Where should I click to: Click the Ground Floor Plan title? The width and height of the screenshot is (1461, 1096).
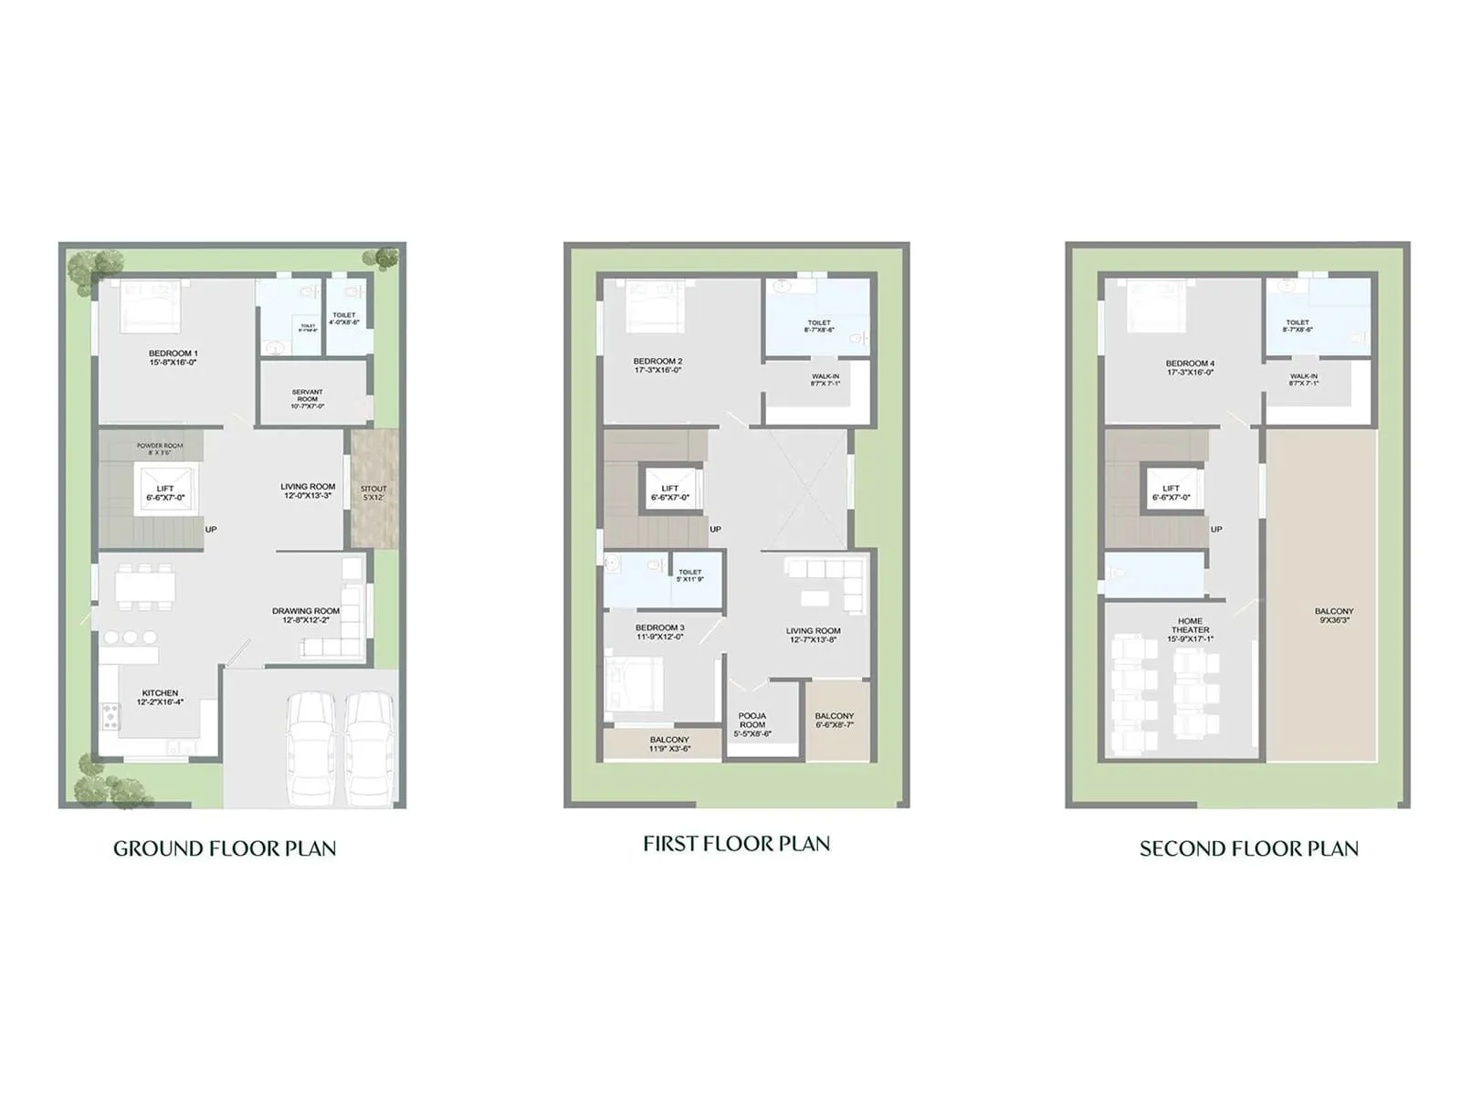tap(225, 848)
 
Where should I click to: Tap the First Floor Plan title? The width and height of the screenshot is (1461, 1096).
tap(736, 844)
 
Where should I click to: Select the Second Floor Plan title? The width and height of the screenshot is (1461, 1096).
tap(1248, 848)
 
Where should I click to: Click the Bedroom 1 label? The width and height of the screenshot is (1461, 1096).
tap(173, 357)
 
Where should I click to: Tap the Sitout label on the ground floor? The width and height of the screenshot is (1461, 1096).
tap(373, 493)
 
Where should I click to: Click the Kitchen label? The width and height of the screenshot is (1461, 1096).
tap(160, 697)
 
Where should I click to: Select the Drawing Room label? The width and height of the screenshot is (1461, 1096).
tap(306, 615)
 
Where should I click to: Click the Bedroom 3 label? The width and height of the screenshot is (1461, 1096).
tap(659, 631)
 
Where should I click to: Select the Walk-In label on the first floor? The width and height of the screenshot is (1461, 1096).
tap(825, 380)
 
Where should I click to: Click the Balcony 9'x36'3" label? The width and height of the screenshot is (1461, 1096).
tap(1334, 616)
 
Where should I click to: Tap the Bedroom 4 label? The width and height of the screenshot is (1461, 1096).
tap(1190, 367)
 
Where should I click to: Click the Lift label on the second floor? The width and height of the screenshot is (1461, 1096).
tap(1171, 493)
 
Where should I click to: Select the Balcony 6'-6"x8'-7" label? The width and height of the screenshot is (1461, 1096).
tap(835, 720)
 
